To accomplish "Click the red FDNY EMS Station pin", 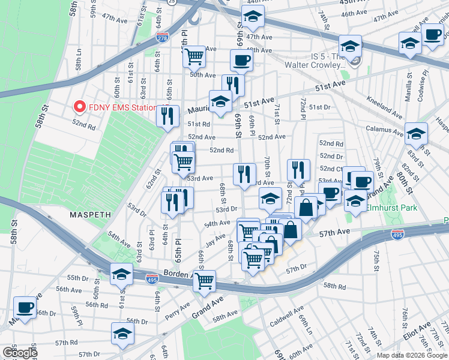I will (79, 107).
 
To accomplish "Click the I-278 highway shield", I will (162, 37).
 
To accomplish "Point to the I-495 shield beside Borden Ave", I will (152, 279).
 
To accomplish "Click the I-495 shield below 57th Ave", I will (397, 235).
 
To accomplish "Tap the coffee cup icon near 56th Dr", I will (25, 307).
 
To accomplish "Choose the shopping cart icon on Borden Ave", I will (204, 280).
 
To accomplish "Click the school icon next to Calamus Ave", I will (416, 134).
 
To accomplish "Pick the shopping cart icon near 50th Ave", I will (194, 57).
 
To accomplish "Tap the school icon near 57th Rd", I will (122, 333).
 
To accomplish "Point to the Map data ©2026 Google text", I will (412, 355).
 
